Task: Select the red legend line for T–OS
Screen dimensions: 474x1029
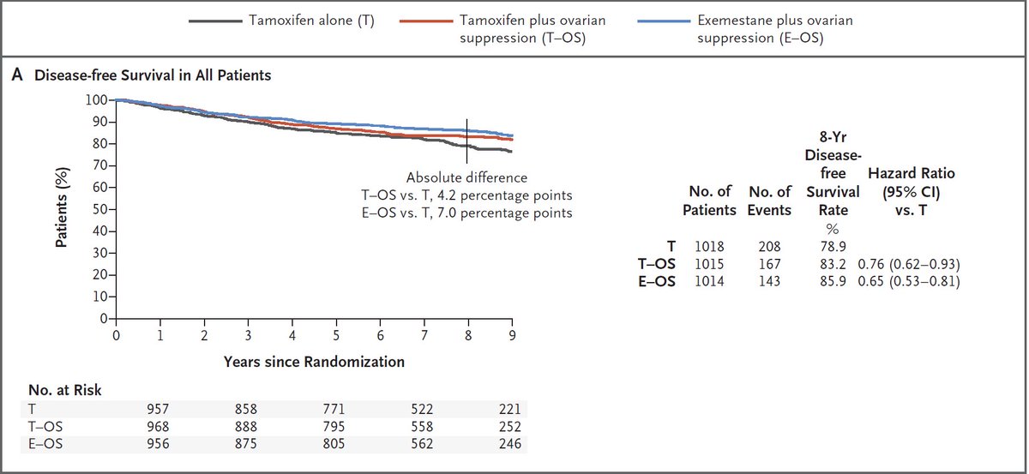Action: (x=431, y=20)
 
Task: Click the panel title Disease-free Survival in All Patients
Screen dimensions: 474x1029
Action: (x=153, y=75)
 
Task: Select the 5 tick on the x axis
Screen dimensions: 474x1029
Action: (x=336, y=334)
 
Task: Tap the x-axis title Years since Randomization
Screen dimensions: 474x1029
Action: (x=314, y=362)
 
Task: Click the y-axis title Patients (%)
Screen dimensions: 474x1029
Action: (x=63, y=209)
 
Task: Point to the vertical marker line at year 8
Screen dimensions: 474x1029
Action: (x=466, y=141)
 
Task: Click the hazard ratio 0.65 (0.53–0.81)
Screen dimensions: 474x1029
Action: (x=908, y=282)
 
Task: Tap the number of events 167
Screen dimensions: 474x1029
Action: (x=769, y=265)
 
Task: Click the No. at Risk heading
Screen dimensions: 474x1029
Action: (x=65, y=390)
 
